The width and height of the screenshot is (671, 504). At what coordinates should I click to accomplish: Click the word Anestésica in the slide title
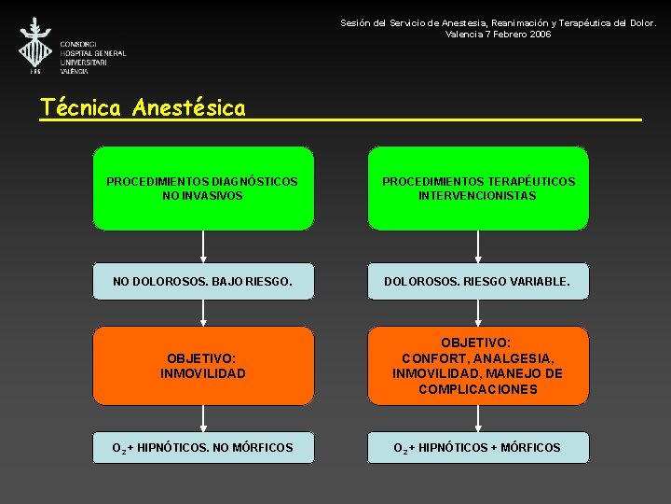(x=189, y=108)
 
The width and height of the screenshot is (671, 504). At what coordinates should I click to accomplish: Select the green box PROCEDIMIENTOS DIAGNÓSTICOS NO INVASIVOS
(x=203, y=188)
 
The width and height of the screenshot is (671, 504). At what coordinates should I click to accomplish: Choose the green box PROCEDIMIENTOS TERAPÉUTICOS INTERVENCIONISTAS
(x=478, y=188)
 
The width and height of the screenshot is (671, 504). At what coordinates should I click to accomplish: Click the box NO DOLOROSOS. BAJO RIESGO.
(x=203, y=281)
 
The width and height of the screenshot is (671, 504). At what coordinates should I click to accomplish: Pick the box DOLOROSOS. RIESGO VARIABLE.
(x=478, y=281)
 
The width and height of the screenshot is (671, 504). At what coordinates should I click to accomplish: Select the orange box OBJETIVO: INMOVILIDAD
(x=203, y=366)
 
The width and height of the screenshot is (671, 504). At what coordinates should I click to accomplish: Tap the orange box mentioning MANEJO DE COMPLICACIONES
(x=478, y=366)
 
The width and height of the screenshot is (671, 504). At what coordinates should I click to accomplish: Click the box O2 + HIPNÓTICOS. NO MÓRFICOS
(x=203, y=448)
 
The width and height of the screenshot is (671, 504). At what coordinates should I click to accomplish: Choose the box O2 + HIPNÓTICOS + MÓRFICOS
(x=478, y=448)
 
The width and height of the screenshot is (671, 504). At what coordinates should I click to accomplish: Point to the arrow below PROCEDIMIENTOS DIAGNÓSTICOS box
(x=203, y=247)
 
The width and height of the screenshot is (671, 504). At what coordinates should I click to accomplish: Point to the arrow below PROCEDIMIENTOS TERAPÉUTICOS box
(x=478, y=247)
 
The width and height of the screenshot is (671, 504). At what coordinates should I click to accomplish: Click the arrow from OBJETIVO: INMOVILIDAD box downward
(x=203, y=418)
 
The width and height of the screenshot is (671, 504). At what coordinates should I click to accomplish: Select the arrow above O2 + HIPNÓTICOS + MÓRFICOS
(x=478, y=418)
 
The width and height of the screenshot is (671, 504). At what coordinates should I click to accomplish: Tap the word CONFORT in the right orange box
(x=434, y=358)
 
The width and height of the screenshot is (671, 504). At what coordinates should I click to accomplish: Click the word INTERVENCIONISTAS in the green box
(x=478, y=196)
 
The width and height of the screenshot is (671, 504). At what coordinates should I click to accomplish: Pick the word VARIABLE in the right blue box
(x=539, y=281)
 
